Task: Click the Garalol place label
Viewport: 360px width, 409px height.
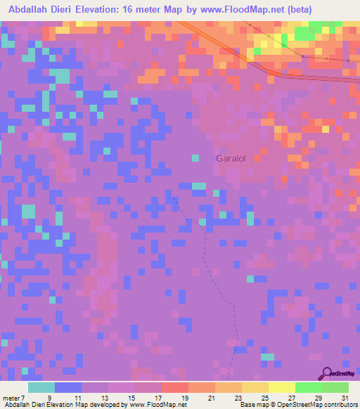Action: pyautogui.click(x=230, y=159)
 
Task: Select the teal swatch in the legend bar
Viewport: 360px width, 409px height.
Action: pyautogui.click(x=41, y=388)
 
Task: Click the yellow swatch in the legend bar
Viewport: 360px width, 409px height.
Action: pyautogui.click(x=282, y=388)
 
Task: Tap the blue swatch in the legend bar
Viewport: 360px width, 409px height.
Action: pyautogui.click(x=68, y=388)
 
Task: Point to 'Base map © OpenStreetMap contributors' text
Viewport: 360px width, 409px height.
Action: pyautogui.click(x=297, y=405)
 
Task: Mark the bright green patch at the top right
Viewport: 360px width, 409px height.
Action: pyautogui.click(x=304, y=34)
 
